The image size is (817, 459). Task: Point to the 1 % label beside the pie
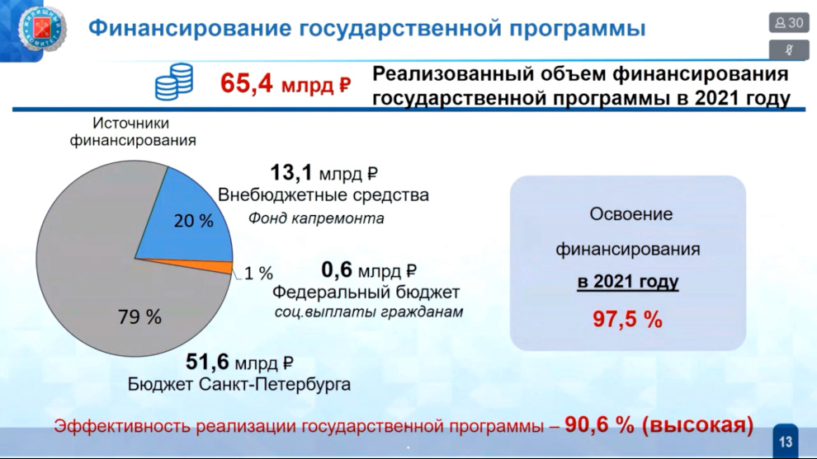pos(258,274)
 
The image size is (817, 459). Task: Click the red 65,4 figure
pos(247,83)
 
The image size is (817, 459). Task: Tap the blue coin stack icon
pos(174,82)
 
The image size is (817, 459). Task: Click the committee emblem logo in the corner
pos(42,29)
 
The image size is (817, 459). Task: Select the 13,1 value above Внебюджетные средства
pos(291,173)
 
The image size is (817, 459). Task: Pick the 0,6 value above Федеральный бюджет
pos(337,270)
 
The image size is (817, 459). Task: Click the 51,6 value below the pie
pos(207,363)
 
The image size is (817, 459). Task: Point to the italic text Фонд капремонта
pos(316,218)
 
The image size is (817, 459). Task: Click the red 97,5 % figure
pos(627,319)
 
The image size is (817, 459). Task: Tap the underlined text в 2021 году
pos(628,282)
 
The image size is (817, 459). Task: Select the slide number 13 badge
pos(785,442)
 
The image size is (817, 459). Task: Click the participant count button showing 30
pos(789,23)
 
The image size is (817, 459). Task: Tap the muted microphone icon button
pos(789,50)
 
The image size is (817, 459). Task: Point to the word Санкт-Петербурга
pos(275,385)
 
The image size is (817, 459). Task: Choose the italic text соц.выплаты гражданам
pos(369,312)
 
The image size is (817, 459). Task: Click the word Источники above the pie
pos(130,124)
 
